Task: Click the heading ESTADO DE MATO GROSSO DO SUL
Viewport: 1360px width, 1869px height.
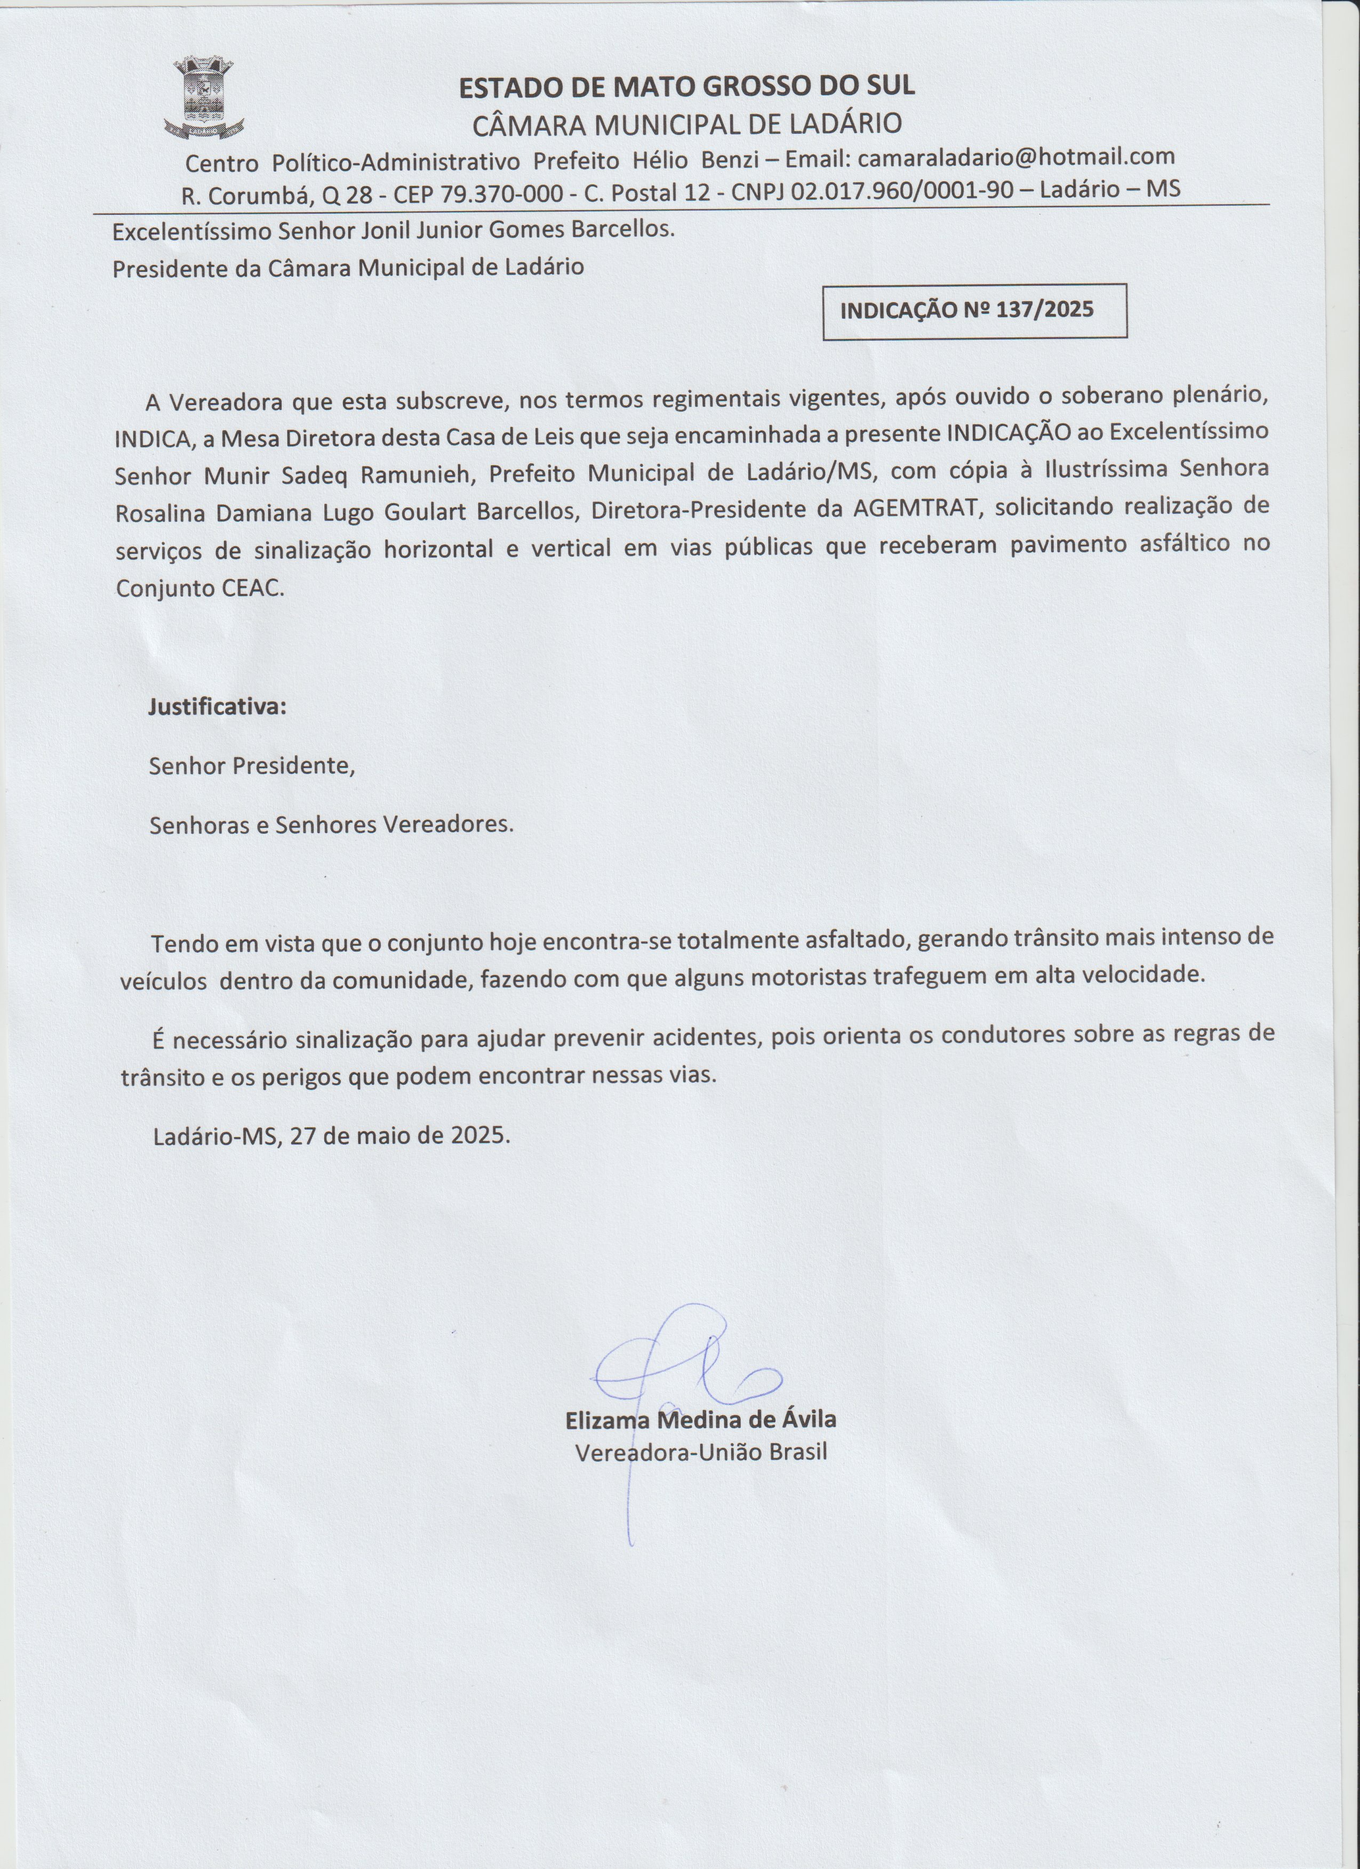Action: pos(686,86)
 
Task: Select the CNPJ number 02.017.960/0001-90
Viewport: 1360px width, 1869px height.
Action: pos(902,190)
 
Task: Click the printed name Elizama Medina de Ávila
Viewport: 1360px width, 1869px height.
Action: pos(700,1420)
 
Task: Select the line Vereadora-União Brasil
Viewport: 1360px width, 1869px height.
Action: pos(700,1452)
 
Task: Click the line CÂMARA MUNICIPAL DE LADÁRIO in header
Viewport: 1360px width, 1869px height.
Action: pos(686,124)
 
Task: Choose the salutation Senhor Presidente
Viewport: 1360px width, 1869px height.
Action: pos(251,767)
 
